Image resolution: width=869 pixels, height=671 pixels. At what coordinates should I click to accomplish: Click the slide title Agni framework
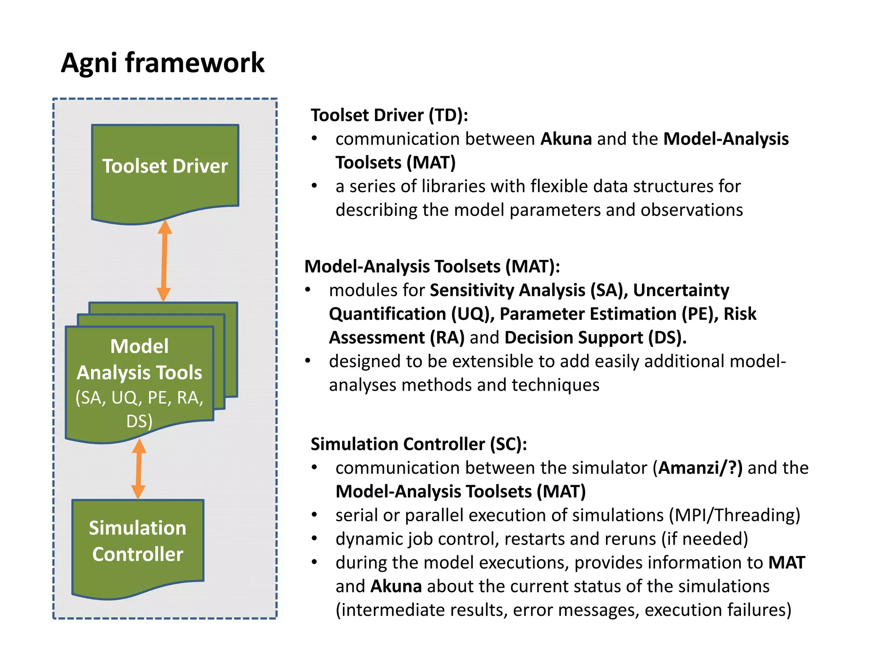click(163, 63)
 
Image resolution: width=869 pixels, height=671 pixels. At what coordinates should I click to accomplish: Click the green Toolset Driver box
click(165, 170)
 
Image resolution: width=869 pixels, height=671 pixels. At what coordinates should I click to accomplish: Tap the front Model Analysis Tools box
click(139, 377)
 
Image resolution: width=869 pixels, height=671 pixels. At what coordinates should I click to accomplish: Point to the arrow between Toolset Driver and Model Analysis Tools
click(164, 260)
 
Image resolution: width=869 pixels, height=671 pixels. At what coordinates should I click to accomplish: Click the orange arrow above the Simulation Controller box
click(138, 469)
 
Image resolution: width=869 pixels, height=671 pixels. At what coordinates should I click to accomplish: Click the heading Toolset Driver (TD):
click(389, 115)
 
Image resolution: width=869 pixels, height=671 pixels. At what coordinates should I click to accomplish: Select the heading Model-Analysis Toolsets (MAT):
click(432, 266)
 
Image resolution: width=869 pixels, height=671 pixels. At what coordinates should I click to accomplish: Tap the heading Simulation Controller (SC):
click(418, 444)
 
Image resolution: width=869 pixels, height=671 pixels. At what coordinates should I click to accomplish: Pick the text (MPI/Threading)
click(734, 515)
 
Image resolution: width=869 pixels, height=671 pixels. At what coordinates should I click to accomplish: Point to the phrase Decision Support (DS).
click(595, 338)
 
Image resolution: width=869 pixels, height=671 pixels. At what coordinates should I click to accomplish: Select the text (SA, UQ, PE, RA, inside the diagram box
click(139, 398)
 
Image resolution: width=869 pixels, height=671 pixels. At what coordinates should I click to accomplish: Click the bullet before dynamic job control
click(314, 539)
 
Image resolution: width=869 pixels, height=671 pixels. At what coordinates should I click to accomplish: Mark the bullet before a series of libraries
click(314, 186)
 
